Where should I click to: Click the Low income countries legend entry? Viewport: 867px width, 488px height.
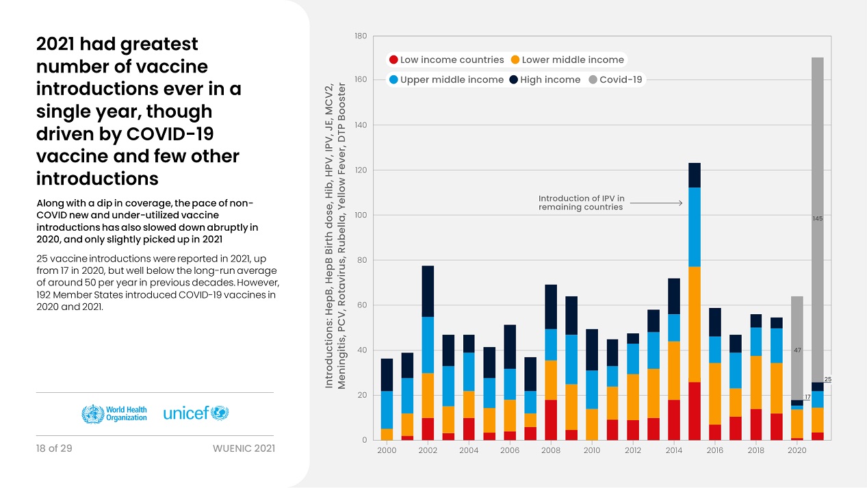pyautogui.click(x=445, y=60)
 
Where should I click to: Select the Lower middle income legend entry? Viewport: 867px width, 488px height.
pyautogui.click(x=567, y=60)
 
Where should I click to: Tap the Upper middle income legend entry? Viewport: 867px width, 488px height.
pyautogui.click(x=447, y=80)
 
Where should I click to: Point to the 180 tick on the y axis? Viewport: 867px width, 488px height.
pyautogui.click(x=361, y=36)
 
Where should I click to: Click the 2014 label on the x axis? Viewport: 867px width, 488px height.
pyautogui.click(x=674, y=451)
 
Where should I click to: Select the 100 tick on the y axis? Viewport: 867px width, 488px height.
pyautogui.click(x=361, y=216)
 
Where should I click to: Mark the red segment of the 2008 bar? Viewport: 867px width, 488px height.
pyautogui.click(x=551, y=420)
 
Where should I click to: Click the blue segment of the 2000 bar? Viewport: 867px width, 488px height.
pyautogui.click(x=387, y=410)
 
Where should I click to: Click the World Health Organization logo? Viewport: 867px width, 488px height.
pyautogui.click(x=114, y=413)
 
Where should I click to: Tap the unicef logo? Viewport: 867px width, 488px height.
pyautogui.click(x=196, y=413)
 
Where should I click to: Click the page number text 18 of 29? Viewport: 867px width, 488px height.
pyautogui.click(x=54, y=448)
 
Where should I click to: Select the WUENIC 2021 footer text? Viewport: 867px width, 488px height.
pyautogui.click(x=244, y=448)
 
